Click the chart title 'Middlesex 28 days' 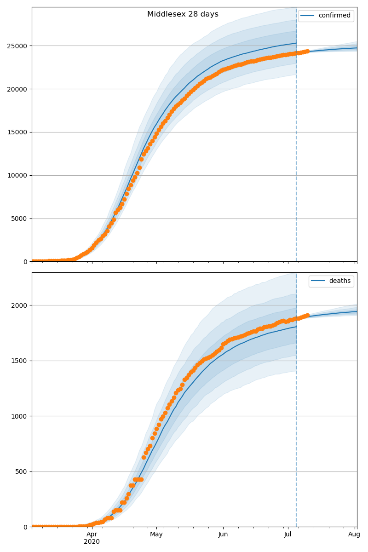coord(183,14)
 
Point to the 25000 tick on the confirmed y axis coord(18,46)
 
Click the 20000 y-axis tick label coord(18,89)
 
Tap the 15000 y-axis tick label coord(18,132)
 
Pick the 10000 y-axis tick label coord(18,175)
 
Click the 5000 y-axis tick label coord(20,218)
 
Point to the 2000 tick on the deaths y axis coord(20,305)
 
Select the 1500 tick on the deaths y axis coord(20,361)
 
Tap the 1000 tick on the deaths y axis coord(20,416)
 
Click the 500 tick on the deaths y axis coord(22,472)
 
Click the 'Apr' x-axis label coord(92,534)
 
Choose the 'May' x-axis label coord(156,534)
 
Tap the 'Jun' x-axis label coord(223,534)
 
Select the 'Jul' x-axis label coord(288,534)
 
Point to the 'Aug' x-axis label coord(354,534)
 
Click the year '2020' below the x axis coord(92,541)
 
